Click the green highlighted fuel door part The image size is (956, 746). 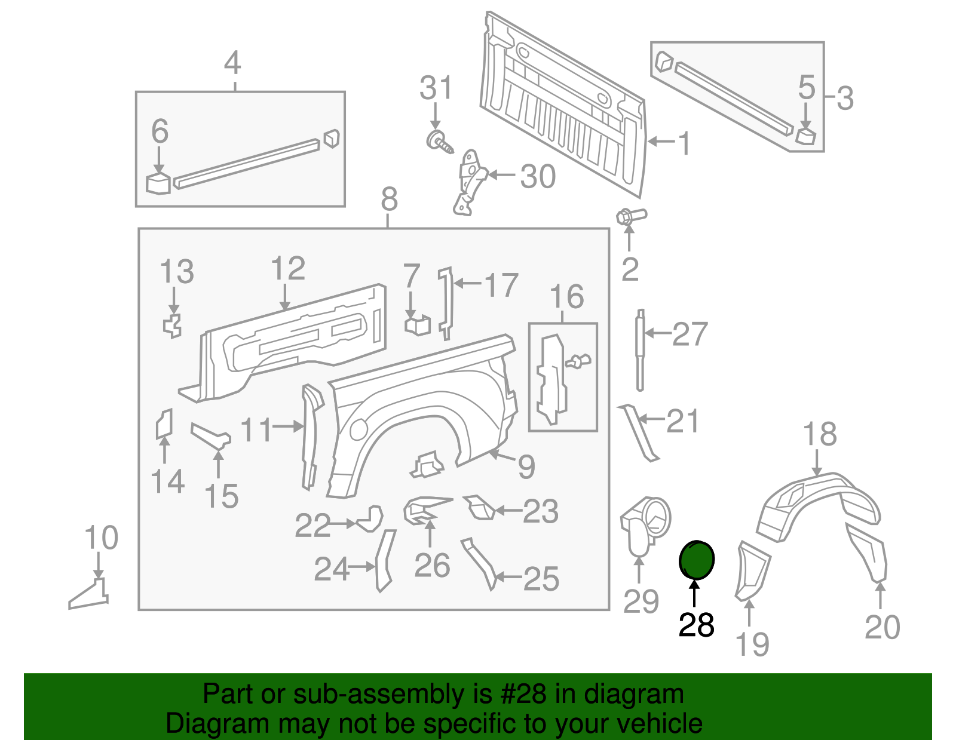(x=696, y=560)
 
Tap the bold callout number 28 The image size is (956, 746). (x=696, y=625)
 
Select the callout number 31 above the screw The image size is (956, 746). (x=436, y=88)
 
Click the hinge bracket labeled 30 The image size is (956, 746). (x=470, y=182)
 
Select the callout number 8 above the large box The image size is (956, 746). (x=388, y=199)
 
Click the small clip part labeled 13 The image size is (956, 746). (x=173, y=326)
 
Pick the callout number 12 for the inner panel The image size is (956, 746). (x=287, y=269)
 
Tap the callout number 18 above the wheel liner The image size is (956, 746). (x=819, y=434)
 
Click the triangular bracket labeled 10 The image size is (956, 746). (x=90, y=594)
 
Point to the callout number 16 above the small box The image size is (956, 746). (x=566, y=297)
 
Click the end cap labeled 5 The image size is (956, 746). (x=805, y=135)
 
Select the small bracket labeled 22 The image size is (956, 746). (x=370, y=518)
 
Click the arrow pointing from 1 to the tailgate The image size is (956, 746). (x=661, y=142)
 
